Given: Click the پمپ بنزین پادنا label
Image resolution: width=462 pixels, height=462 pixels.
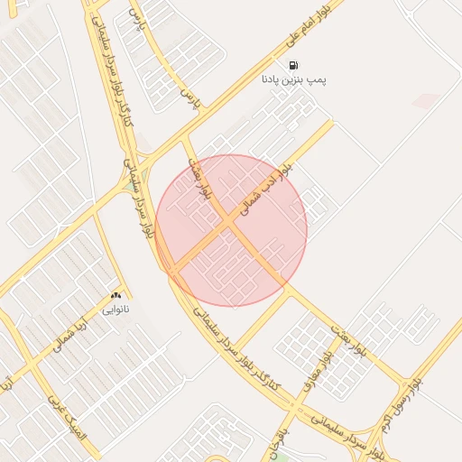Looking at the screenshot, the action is [294, 80].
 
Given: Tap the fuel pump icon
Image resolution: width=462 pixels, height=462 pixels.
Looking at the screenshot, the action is [294, 65].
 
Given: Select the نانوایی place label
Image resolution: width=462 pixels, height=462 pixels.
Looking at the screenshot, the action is [115, 310].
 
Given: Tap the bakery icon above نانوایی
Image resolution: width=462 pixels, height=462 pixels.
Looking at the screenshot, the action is [115, 296].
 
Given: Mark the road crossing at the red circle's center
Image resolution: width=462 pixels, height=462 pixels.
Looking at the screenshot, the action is [231, 230].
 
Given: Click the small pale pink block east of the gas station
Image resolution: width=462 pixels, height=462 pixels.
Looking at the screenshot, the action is [426, 100].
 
